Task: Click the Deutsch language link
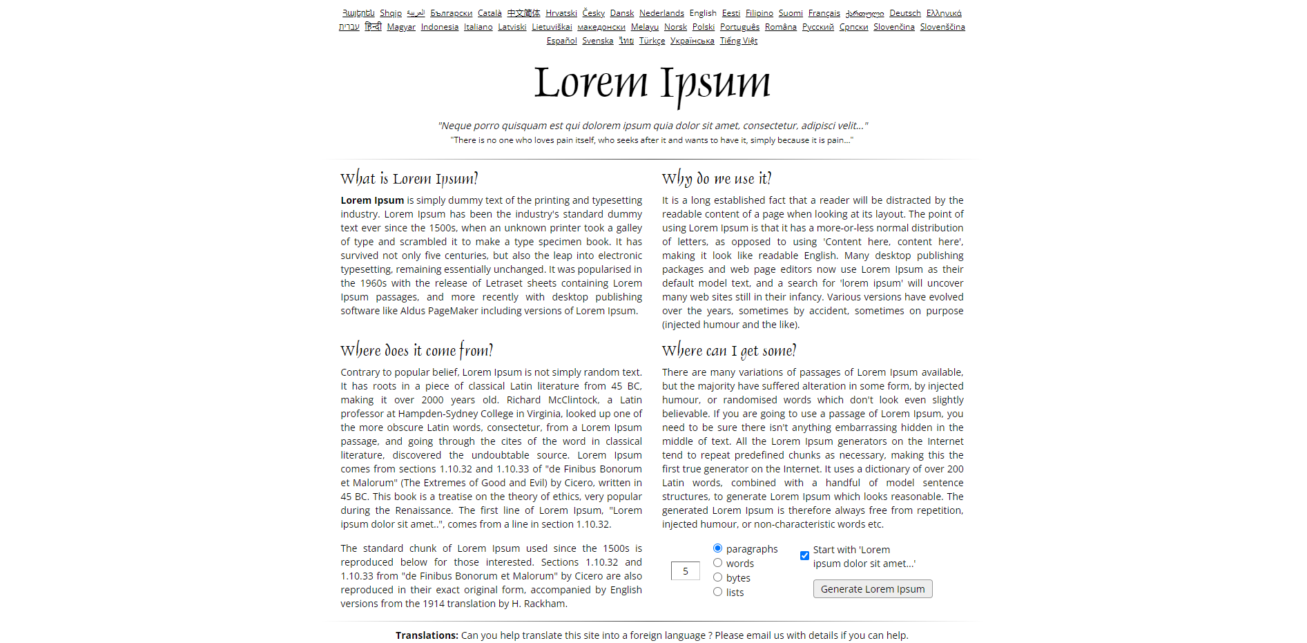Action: point(904,13)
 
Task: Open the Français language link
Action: point(824,13)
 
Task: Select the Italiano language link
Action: point(478,27)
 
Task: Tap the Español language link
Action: point(561,41)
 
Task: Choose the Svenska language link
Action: point(597,41)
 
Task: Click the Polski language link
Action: point(703,27)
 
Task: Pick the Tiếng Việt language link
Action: point(738,41)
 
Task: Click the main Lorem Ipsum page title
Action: point(652,83)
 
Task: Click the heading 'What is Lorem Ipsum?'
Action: point(409,179)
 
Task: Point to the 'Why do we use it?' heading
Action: point(716,179)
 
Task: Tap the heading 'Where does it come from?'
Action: point(416,351)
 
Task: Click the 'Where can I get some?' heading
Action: point(728,351)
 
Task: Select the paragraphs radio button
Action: point(718,548)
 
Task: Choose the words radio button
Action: point(718,563)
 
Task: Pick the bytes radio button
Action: point(718,577)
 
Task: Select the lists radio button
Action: point(718,592)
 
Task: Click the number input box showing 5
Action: point(685,571)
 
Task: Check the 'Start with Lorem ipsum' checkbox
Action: point(804,555)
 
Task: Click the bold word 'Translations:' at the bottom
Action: point(427,635)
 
